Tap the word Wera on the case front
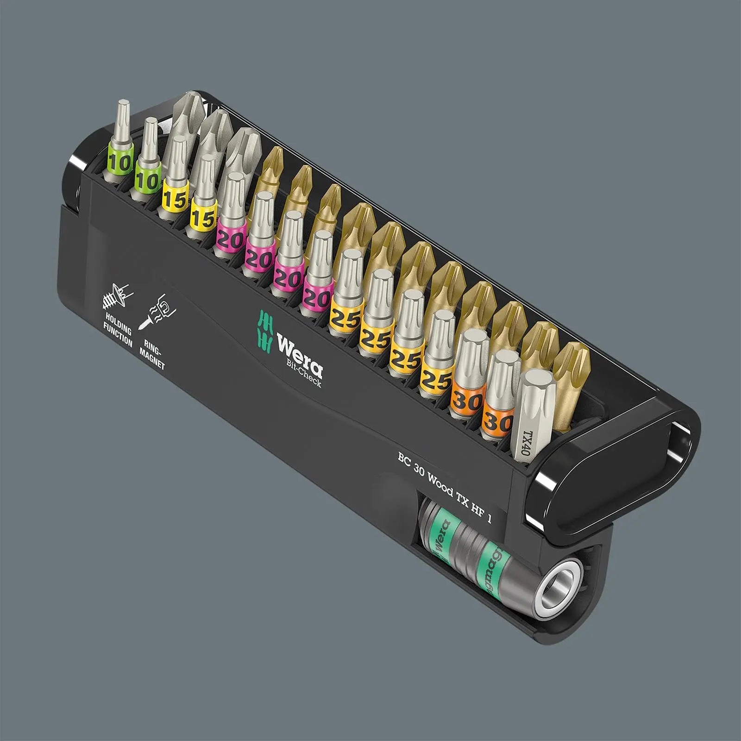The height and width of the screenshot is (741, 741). (x=299, y=352)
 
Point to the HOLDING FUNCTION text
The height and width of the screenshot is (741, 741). (x=118, y=329)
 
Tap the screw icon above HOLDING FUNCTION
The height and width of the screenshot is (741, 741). (x=115, y=296)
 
